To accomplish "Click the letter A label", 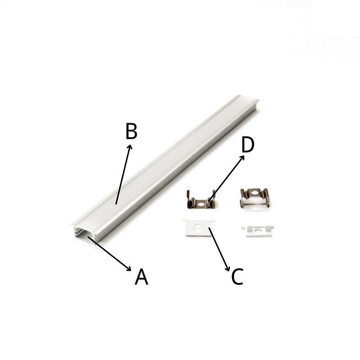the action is pyautogui.click(x=141, y=276).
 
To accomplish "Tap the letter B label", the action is pyautogui.click(x=131, y=131).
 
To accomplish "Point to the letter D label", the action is pyautogui.click(x=248, y=144).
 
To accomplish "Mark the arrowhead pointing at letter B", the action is pyautogui.click(x=130, y=147).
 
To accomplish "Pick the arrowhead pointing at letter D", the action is pyautogui.click(x=242, y=157).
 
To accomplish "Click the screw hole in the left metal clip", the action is pyautogui.click(x=201, y=204).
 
